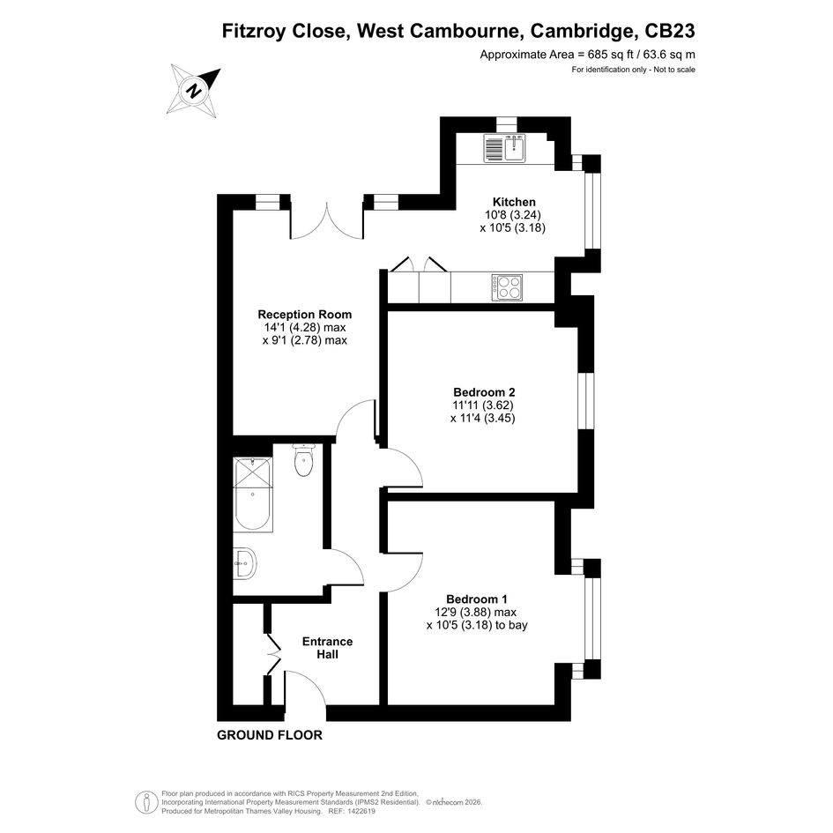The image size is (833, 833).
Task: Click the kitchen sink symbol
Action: pos(504,148)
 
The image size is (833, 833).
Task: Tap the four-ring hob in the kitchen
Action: pos(507,287)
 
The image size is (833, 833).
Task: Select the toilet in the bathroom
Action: pos(304,460)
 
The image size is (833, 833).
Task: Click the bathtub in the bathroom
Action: pos(253,494)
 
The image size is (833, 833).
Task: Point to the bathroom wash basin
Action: pos(245,562)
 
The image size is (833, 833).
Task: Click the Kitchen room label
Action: pos(514,202)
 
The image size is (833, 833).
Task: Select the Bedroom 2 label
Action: pos(484,392)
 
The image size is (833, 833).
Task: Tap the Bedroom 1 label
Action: pos(477,599)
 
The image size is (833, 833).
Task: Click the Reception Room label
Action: pos(304,314)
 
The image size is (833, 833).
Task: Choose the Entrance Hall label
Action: pos(327,648)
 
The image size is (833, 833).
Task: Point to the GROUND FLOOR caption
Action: pos(270,735)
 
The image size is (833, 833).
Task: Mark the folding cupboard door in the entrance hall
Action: pos(273,653)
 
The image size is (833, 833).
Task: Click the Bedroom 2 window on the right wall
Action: pos(586,400)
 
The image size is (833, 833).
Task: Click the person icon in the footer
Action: pos(145,802)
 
